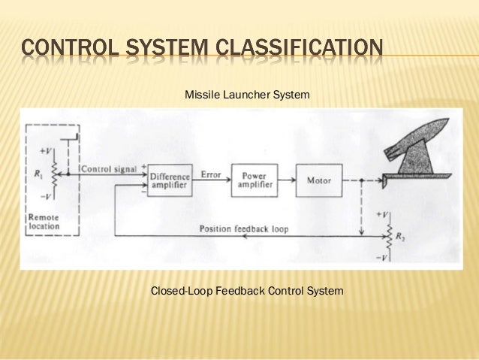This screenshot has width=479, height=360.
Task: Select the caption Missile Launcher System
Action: (247, 95)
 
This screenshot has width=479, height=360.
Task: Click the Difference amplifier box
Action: (170, 180)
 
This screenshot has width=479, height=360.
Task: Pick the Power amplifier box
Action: (254, 180)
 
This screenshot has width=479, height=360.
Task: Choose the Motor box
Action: (319, 180)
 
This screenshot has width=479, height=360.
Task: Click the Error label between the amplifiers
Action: (211, 174)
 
